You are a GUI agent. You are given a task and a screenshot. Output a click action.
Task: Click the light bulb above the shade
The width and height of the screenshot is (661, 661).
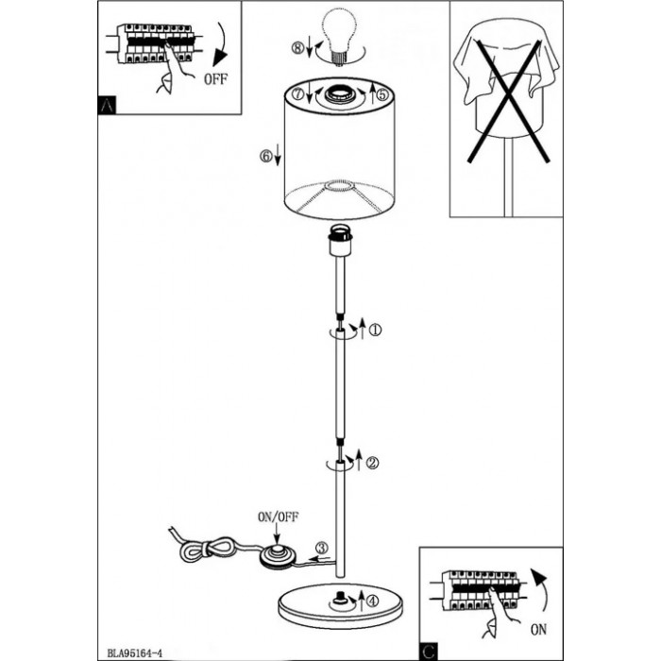coord(340,36)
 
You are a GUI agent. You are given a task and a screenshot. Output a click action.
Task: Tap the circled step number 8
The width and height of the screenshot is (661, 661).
coord(297,48)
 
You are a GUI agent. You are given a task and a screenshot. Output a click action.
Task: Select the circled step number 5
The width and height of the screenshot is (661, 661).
coord(382,94)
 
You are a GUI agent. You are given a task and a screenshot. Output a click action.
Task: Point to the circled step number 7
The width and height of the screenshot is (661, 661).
coord(298,93)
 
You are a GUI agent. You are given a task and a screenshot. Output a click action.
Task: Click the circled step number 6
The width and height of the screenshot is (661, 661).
coord(266,157)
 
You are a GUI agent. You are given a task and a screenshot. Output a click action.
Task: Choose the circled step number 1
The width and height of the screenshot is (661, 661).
coord(375,330)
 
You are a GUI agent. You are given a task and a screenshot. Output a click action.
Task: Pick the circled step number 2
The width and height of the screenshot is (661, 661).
coord(372,463)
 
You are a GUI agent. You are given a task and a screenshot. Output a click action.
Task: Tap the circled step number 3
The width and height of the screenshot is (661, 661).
coord(322,548)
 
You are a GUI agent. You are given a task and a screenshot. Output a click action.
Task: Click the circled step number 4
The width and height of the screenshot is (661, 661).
coord(373,602)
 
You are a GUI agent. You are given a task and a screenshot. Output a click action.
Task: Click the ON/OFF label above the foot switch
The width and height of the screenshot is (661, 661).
coord(279,517)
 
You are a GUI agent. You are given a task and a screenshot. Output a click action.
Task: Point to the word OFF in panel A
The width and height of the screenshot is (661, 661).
coord(215,78)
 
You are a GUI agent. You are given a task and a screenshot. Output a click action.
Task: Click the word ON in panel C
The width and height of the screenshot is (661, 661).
coord(538,630)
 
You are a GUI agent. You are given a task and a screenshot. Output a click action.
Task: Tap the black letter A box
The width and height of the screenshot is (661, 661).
coord(107,105)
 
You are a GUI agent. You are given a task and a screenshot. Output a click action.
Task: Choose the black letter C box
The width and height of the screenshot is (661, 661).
coord(429,652)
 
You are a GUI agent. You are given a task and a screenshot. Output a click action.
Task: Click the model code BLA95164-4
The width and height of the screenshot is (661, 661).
coord(134,653)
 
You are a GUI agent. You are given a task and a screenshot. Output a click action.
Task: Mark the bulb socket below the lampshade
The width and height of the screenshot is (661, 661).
coord(340,240)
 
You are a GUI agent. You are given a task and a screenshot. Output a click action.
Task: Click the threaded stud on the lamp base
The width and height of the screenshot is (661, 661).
coord(339,599)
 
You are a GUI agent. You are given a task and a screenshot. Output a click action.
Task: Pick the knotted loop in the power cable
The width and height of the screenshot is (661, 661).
coord(207,549)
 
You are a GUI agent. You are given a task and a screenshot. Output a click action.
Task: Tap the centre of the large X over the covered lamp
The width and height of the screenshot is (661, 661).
coord(509,100)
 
